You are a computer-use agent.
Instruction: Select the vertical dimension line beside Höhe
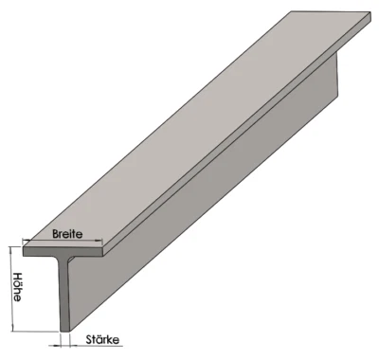pyautogui.click(x=11, y=289)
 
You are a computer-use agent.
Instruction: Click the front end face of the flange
pyautogui.click(x=64, y=255)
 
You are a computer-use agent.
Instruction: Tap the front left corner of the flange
pyautogui.click(x=25, y=252)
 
